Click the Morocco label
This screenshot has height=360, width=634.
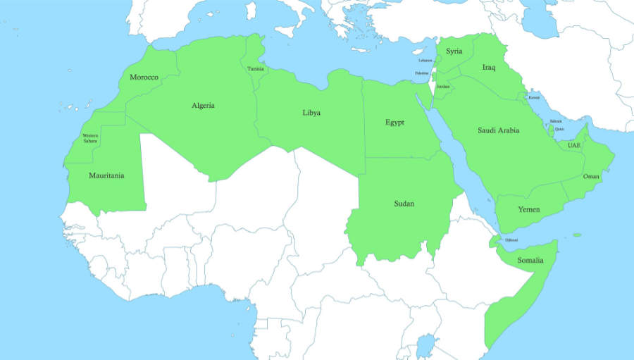(x=144, y=77)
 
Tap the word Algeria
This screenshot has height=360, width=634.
(x=203, y=106)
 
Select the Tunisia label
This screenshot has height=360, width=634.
(x=256, y=68)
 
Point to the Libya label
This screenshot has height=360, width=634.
(x=311, y=113)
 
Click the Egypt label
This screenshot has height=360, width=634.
(x=394, y=123)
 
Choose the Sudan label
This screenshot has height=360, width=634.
(x=404, y=204)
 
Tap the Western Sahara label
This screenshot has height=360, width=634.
(x=90, y=138)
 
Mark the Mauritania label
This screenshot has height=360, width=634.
(x=106, y=175)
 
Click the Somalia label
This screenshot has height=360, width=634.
(x=530, y=261)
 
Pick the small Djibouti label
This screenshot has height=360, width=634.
(x=511, y=240)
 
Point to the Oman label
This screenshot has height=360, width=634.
(x=591, y=176)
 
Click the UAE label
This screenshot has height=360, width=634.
(x=574, y=146)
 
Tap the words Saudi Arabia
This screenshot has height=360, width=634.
(x=499, y=130)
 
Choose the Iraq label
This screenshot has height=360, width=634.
(x=489, y=68)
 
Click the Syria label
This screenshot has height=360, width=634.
(x=454, y=51)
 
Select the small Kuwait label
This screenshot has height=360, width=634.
(x=534, y=97)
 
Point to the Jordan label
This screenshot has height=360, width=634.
(x=443, y=86)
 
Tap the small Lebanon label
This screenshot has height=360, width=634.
(x=425, y=61)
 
